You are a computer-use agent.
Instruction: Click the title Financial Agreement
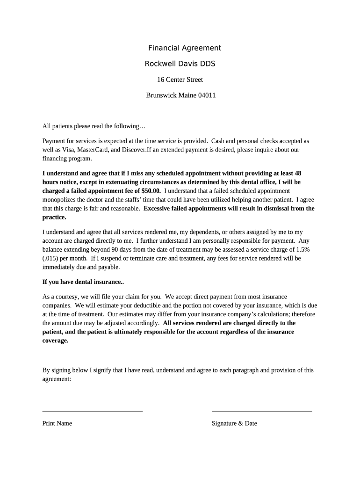184,48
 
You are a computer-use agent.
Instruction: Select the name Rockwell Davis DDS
180,64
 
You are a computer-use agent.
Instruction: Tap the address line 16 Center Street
180,80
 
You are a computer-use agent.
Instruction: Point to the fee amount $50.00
151,191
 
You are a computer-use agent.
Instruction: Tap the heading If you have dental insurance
83,282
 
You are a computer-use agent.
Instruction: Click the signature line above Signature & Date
261,411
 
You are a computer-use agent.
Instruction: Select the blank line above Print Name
93,411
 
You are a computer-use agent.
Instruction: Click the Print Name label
57,423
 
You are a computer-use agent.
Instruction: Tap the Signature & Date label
234,423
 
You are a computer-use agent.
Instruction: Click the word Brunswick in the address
161,95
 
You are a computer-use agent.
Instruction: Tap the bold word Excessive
158,209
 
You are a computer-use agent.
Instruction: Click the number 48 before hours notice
297,173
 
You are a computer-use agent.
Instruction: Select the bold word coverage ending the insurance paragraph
55,341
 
